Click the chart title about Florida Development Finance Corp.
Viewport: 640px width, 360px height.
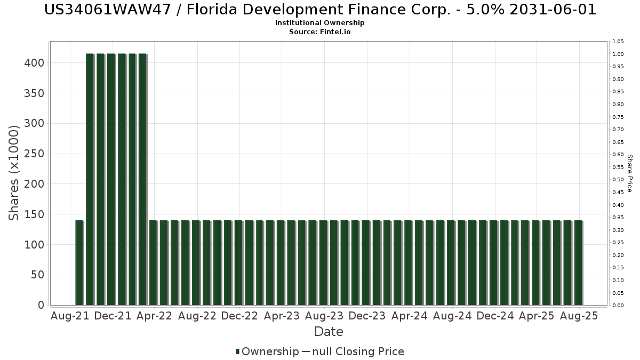(320, 10)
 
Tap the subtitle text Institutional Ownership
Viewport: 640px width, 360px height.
(320, 23)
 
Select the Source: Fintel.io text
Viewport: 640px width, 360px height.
(320, 32)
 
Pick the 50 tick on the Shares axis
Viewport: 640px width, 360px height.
(37, 275)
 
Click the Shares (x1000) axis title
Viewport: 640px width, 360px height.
(14, 173)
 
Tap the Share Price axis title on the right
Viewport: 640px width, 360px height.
(629, 173)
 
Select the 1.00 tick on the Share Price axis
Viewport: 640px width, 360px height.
(619, 54)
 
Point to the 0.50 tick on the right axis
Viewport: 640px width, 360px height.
(619, 180)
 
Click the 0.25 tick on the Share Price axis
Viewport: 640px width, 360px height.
(619, 243)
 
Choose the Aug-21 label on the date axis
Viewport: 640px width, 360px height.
(69, 316)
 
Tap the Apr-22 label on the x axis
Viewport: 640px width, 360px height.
(154, 316)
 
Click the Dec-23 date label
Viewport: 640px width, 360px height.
(367, 316)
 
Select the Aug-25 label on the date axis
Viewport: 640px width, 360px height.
(580, 316)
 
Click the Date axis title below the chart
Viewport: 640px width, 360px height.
(329, 332)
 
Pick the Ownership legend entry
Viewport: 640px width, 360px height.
(267, 351)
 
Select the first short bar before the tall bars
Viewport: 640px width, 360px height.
(79, 262)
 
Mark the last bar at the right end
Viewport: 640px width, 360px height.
(578, 262)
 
